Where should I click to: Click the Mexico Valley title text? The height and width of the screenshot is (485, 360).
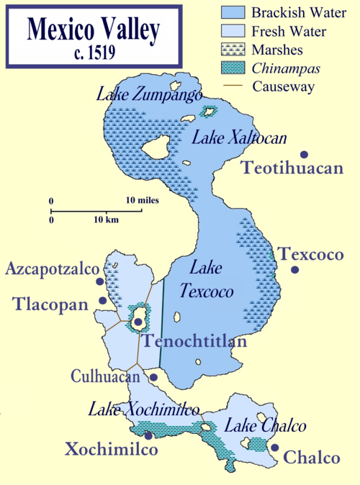[93, 30]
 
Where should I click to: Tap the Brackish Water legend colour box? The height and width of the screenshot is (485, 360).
[233, 12]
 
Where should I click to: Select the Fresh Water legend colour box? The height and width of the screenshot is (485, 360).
[233, 32]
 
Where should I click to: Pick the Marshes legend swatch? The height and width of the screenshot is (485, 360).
[233, 50]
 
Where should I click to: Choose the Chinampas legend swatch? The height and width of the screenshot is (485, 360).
[233, 70]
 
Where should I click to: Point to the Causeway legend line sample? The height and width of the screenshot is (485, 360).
[233, 89]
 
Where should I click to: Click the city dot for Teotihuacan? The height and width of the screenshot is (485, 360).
[305, 155]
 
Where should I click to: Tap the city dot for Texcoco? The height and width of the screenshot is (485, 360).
[295, 270]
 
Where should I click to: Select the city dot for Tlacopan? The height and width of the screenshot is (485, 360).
[103, 301]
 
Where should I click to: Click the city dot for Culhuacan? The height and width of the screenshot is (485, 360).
[153, 376]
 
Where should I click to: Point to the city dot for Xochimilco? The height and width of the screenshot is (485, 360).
[148, 435]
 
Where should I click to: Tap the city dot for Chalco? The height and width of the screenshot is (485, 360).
[274, 448]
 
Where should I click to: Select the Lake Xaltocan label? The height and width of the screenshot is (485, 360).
[229, 138]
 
